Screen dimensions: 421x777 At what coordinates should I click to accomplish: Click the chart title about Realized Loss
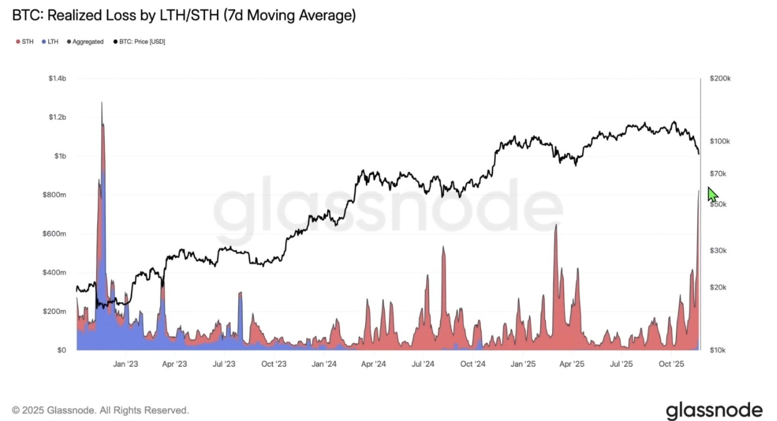[x=184, y=15]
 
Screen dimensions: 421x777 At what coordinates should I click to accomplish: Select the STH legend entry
[x=25, y=42]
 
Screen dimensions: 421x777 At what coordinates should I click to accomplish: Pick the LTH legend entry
[x=50, y=42]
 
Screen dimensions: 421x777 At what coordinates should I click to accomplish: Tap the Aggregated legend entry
[x=85, y=42]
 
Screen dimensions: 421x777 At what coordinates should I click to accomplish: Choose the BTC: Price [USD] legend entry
[x=139, y=42]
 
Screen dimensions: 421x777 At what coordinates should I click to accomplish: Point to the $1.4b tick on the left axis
[x=57, y=78]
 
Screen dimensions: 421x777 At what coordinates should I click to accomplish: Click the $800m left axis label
[x=54, y=195]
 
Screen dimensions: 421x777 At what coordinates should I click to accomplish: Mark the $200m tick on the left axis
[x=54, y=311]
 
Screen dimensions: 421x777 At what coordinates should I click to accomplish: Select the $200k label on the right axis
[x=720, y=78]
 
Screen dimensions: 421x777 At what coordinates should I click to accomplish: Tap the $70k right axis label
[x=718, y=174]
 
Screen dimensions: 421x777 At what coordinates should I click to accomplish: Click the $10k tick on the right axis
[x=718, y=350]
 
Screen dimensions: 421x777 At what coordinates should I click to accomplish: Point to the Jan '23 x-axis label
[x=125, y=364]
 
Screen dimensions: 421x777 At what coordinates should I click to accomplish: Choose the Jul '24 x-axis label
[x=423, y=364]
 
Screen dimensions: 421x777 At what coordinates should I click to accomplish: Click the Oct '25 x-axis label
[x=671, y=364]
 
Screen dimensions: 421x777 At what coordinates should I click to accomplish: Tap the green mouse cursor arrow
[x=712, y=194]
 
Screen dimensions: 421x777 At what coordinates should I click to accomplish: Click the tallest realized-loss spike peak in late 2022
[x=102, y=103]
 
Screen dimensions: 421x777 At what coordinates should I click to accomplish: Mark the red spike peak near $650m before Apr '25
[x=556, y=226]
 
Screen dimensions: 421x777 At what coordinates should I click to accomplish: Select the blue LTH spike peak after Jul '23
[x=240, y=293]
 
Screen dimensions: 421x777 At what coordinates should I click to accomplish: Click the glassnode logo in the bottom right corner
[x=714, y=410]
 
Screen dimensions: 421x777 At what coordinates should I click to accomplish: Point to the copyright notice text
[x=100, y=410]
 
